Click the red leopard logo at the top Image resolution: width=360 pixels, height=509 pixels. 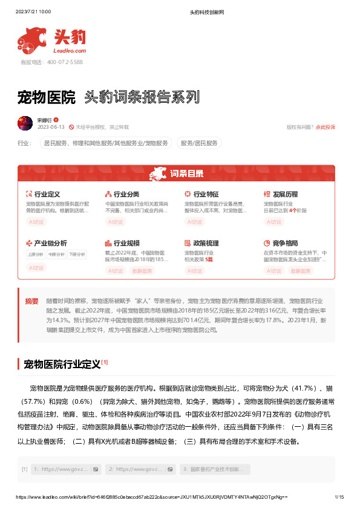tap(34, 39)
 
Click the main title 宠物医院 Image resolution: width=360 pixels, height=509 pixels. tap(47, 97)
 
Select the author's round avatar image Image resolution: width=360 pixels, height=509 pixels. tap(25, 123)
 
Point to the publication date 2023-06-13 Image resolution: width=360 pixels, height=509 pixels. tap(51, 127)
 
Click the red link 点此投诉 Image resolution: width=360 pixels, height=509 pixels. tap(325, 127)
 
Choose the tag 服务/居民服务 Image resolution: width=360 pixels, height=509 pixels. tap(199, 143)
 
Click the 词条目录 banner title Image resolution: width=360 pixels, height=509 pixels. tap(186, 174)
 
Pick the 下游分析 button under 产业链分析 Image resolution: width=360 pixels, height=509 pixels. tap(77, 254)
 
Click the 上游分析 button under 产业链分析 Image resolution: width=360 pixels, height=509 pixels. tap(36, 254)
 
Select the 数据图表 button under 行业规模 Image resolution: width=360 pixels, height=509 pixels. tap(142, 271)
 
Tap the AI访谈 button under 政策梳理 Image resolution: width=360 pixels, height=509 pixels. tap(194, 271)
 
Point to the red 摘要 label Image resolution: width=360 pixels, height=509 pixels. tap(31, 301)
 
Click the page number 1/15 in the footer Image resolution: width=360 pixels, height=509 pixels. tap(339, 497)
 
